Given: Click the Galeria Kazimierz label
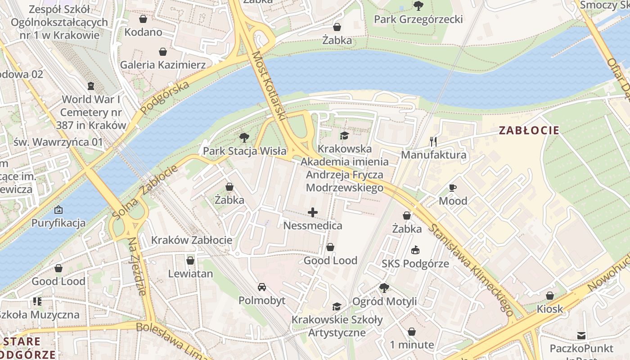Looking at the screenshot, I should pyautogui.click(x=162, y=65).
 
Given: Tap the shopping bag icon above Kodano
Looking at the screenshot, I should pyautogui.click(x=143, y=19).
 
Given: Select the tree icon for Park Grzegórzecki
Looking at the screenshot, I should pyautogui.click(x=418, y=6).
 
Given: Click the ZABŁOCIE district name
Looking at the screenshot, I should pyautogui.click(x=529, y=130).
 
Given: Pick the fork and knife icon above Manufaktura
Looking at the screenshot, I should pyautogui.click(x=433, y=142).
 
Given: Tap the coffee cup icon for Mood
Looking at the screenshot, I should pyautogui.click(x=453, y=188).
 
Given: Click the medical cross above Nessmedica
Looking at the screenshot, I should pyautogui.click(x=313, y=212).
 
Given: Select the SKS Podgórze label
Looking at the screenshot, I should pyautogui.click(x=415, y=264).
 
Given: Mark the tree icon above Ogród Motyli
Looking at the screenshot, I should pyautogui.click(x=384, y=288).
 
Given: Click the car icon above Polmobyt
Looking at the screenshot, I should pyautogui.click(x=261, y=287).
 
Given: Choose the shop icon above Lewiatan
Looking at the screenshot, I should pyautogui.click(x=190, y=261).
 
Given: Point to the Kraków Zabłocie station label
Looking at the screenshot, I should pyautogui.click(x=192, y=240).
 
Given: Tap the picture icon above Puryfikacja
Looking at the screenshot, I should pyautogui.click(x=58, y=210).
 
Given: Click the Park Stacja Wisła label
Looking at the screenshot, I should pyautogui.click(x=244, y=151).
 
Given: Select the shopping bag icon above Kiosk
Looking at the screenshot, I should pyautogui.click(x=549, y=296).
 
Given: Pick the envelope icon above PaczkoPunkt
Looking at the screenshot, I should pyautogui.click(x=581, y=335).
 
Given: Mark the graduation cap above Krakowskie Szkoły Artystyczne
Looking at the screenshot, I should pyautogui.click(x=337, y=306).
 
